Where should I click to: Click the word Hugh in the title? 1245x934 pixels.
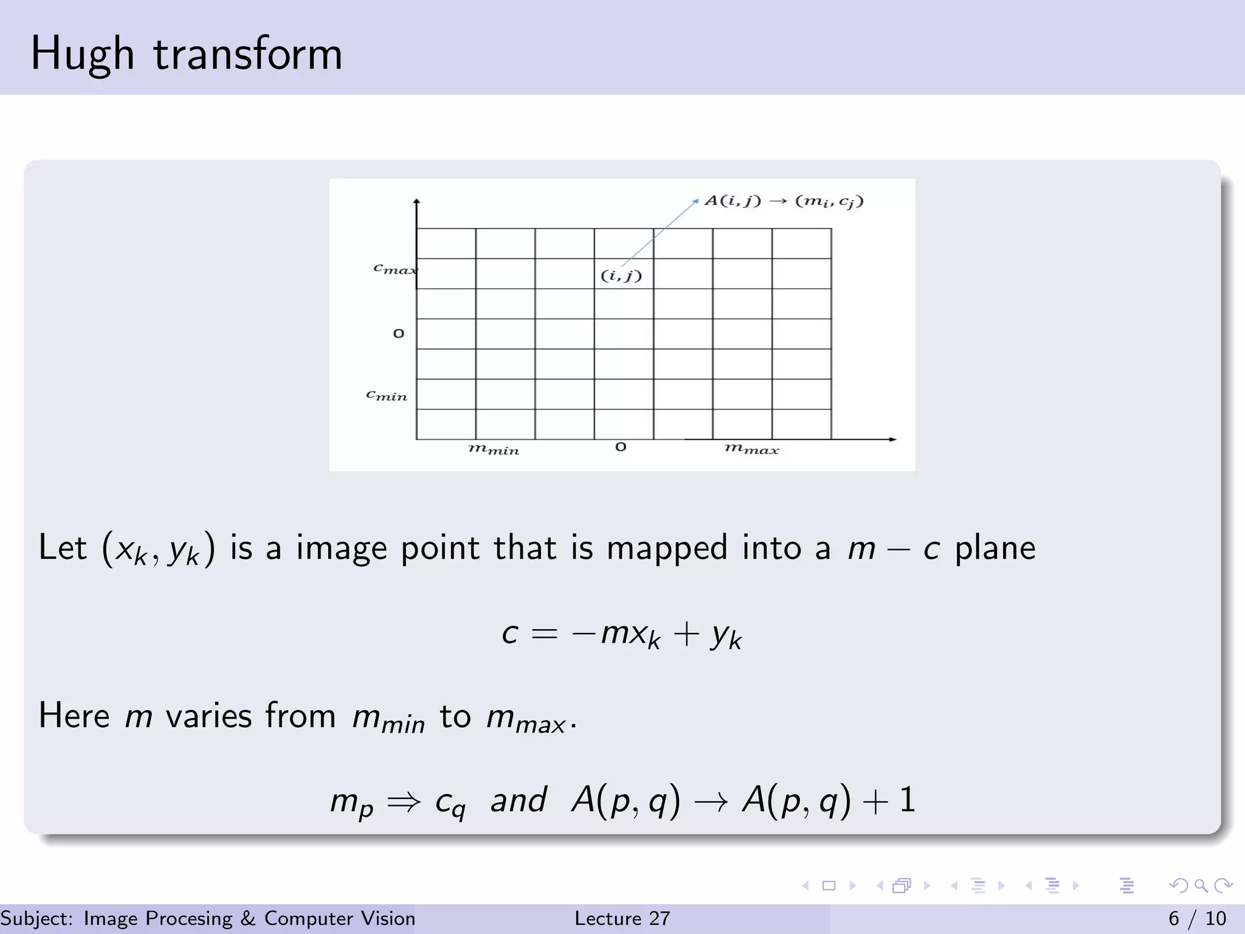82,55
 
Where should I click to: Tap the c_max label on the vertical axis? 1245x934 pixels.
394,268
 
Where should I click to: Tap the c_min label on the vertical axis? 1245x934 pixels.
387,395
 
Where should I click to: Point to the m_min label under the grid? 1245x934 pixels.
494,449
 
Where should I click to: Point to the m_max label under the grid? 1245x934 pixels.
751,449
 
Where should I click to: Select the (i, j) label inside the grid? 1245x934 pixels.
621,275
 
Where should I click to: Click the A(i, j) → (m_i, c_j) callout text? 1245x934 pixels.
784,201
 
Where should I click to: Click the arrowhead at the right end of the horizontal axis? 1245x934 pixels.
892,439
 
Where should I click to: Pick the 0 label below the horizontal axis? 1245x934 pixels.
621,447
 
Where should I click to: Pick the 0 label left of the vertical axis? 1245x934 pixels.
399,333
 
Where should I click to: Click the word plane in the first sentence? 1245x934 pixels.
995,547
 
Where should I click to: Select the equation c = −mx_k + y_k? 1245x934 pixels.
621,634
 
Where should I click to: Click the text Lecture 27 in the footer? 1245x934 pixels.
622,918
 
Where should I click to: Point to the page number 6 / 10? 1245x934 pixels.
1197,918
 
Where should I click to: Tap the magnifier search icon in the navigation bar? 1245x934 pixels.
1201,885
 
